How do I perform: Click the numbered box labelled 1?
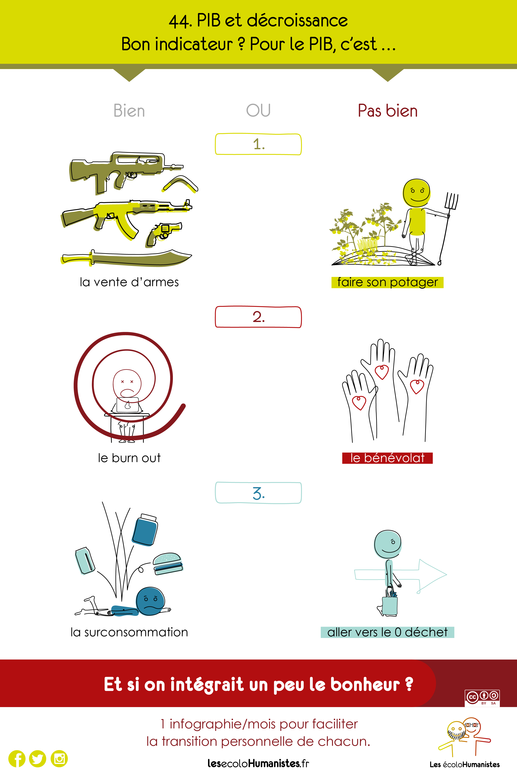click(258, 144)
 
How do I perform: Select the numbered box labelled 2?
click(258, 317)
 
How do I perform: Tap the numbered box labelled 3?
click(258, 493)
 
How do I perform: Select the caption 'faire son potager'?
click(387, 282)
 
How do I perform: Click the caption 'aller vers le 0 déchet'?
click(387, 632)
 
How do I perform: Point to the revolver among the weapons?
click(163, 234)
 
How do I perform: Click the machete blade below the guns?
click(127, 258)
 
